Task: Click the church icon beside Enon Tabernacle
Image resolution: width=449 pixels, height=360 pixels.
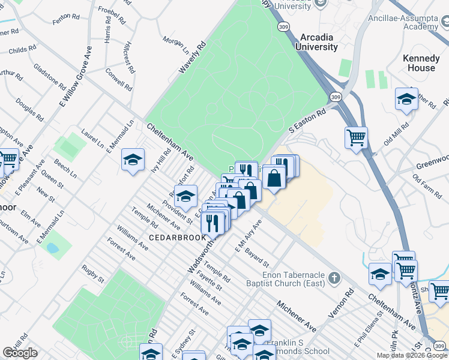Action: tap(334, 278)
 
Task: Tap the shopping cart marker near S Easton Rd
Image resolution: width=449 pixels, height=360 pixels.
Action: tap(357, 138)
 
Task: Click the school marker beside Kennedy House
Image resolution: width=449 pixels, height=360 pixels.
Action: tap(406, 99)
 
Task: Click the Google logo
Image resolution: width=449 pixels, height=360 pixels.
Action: tap(20, 353)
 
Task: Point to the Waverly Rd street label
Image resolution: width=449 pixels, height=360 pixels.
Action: tap(192, 58)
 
